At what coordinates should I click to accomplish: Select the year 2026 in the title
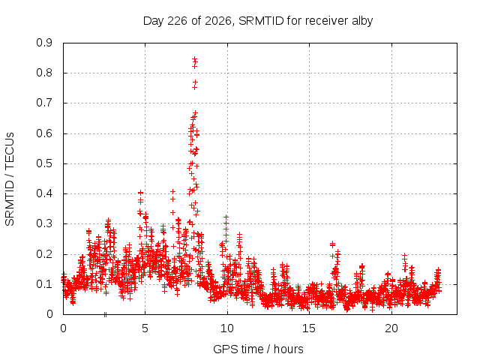[x=217, y=21]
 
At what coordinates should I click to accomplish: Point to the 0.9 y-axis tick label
[x=44, y=43]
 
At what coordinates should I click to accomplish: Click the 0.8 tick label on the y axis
[x=44, y=73]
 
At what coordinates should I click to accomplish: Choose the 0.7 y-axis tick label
[x=44, y=103]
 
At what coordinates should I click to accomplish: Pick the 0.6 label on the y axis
[x=44, y=133]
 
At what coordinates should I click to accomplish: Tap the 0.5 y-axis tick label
[x=44, y=163]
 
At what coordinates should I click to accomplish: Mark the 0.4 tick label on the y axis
[x=44, y=193]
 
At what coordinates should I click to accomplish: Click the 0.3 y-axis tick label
[x=44, y=223]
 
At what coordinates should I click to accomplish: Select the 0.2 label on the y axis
[x=44, y=254]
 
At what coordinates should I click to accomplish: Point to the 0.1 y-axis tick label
[x=44, y=284]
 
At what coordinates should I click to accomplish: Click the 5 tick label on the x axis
[x=145, y=328]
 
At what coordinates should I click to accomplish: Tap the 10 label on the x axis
[x=227, y=328]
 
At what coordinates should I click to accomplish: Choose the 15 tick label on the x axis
[x=309, y=328]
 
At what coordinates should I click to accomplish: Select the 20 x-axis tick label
[x=391, y=328]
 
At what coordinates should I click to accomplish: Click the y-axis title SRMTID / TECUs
[x=10, y=179]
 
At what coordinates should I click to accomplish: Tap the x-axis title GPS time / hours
[x=258, y=349]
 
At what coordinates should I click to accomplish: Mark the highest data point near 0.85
[x=194, y=58]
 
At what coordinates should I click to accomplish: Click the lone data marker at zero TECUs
[x=105, y=314]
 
